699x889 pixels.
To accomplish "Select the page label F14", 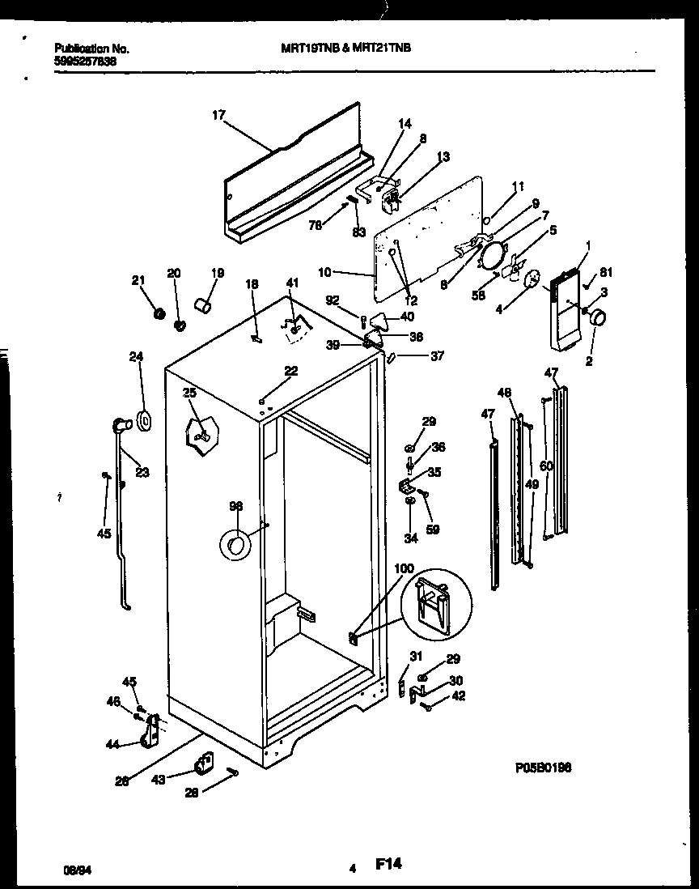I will pos(388,865).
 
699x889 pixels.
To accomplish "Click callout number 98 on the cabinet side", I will pos(235,507).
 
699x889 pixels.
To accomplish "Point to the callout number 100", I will pos(403,570).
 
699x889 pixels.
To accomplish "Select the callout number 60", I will pos(547,466).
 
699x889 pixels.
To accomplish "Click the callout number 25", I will pos(189,393).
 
